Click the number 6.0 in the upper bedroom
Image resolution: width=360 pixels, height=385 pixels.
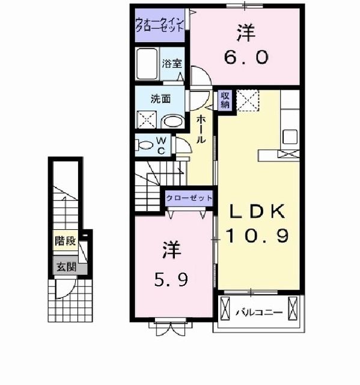pyautogui.click(x=246, y=58)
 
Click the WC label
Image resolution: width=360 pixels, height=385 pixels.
pyautogui.click(x=162, y=144)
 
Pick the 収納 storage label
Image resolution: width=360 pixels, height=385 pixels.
pyautogui.click(x=224, y=100)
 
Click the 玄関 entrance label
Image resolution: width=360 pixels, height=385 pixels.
pyautogui.click(x=66, y=266)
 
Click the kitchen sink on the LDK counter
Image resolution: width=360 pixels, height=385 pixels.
pyautogui.click(x=290, y=137)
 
